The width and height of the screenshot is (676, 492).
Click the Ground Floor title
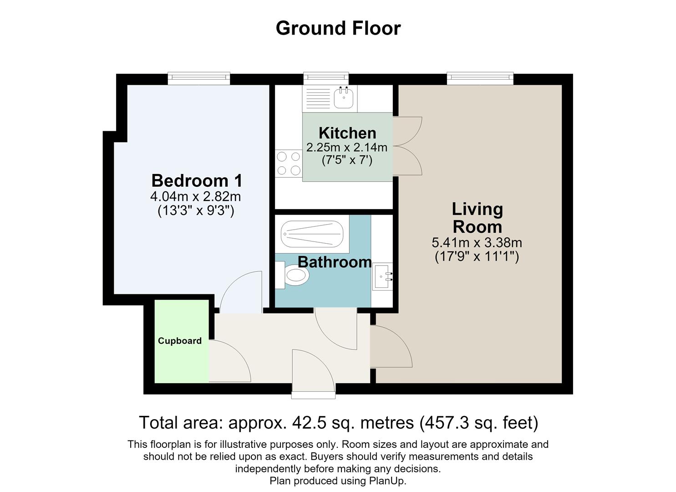coord(338,28)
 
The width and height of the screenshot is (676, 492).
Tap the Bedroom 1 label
coord(197,180)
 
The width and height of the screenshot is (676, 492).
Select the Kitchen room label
coord(347,133)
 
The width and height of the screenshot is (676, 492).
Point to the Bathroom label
coord(335,262)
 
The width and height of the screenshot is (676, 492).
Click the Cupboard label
coord(180,341)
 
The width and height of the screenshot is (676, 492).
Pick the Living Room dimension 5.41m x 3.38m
coord(477,242)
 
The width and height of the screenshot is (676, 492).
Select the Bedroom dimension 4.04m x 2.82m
coord(196,197)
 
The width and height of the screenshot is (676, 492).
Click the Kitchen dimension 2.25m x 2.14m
coord(347,148)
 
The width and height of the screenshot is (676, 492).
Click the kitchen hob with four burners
coord(289,164)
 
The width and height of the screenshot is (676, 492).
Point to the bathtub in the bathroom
coord(312,234)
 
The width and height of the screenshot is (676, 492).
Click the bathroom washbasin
coord(383,277)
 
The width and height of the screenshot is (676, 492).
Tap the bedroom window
coord(199,78)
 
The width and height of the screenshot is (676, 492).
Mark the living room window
coord(480,78)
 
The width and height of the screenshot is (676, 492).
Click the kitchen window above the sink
coord(326,78)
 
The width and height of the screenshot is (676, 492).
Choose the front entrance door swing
coord(314,374)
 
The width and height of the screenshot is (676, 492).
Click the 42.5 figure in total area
coord(310,423)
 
